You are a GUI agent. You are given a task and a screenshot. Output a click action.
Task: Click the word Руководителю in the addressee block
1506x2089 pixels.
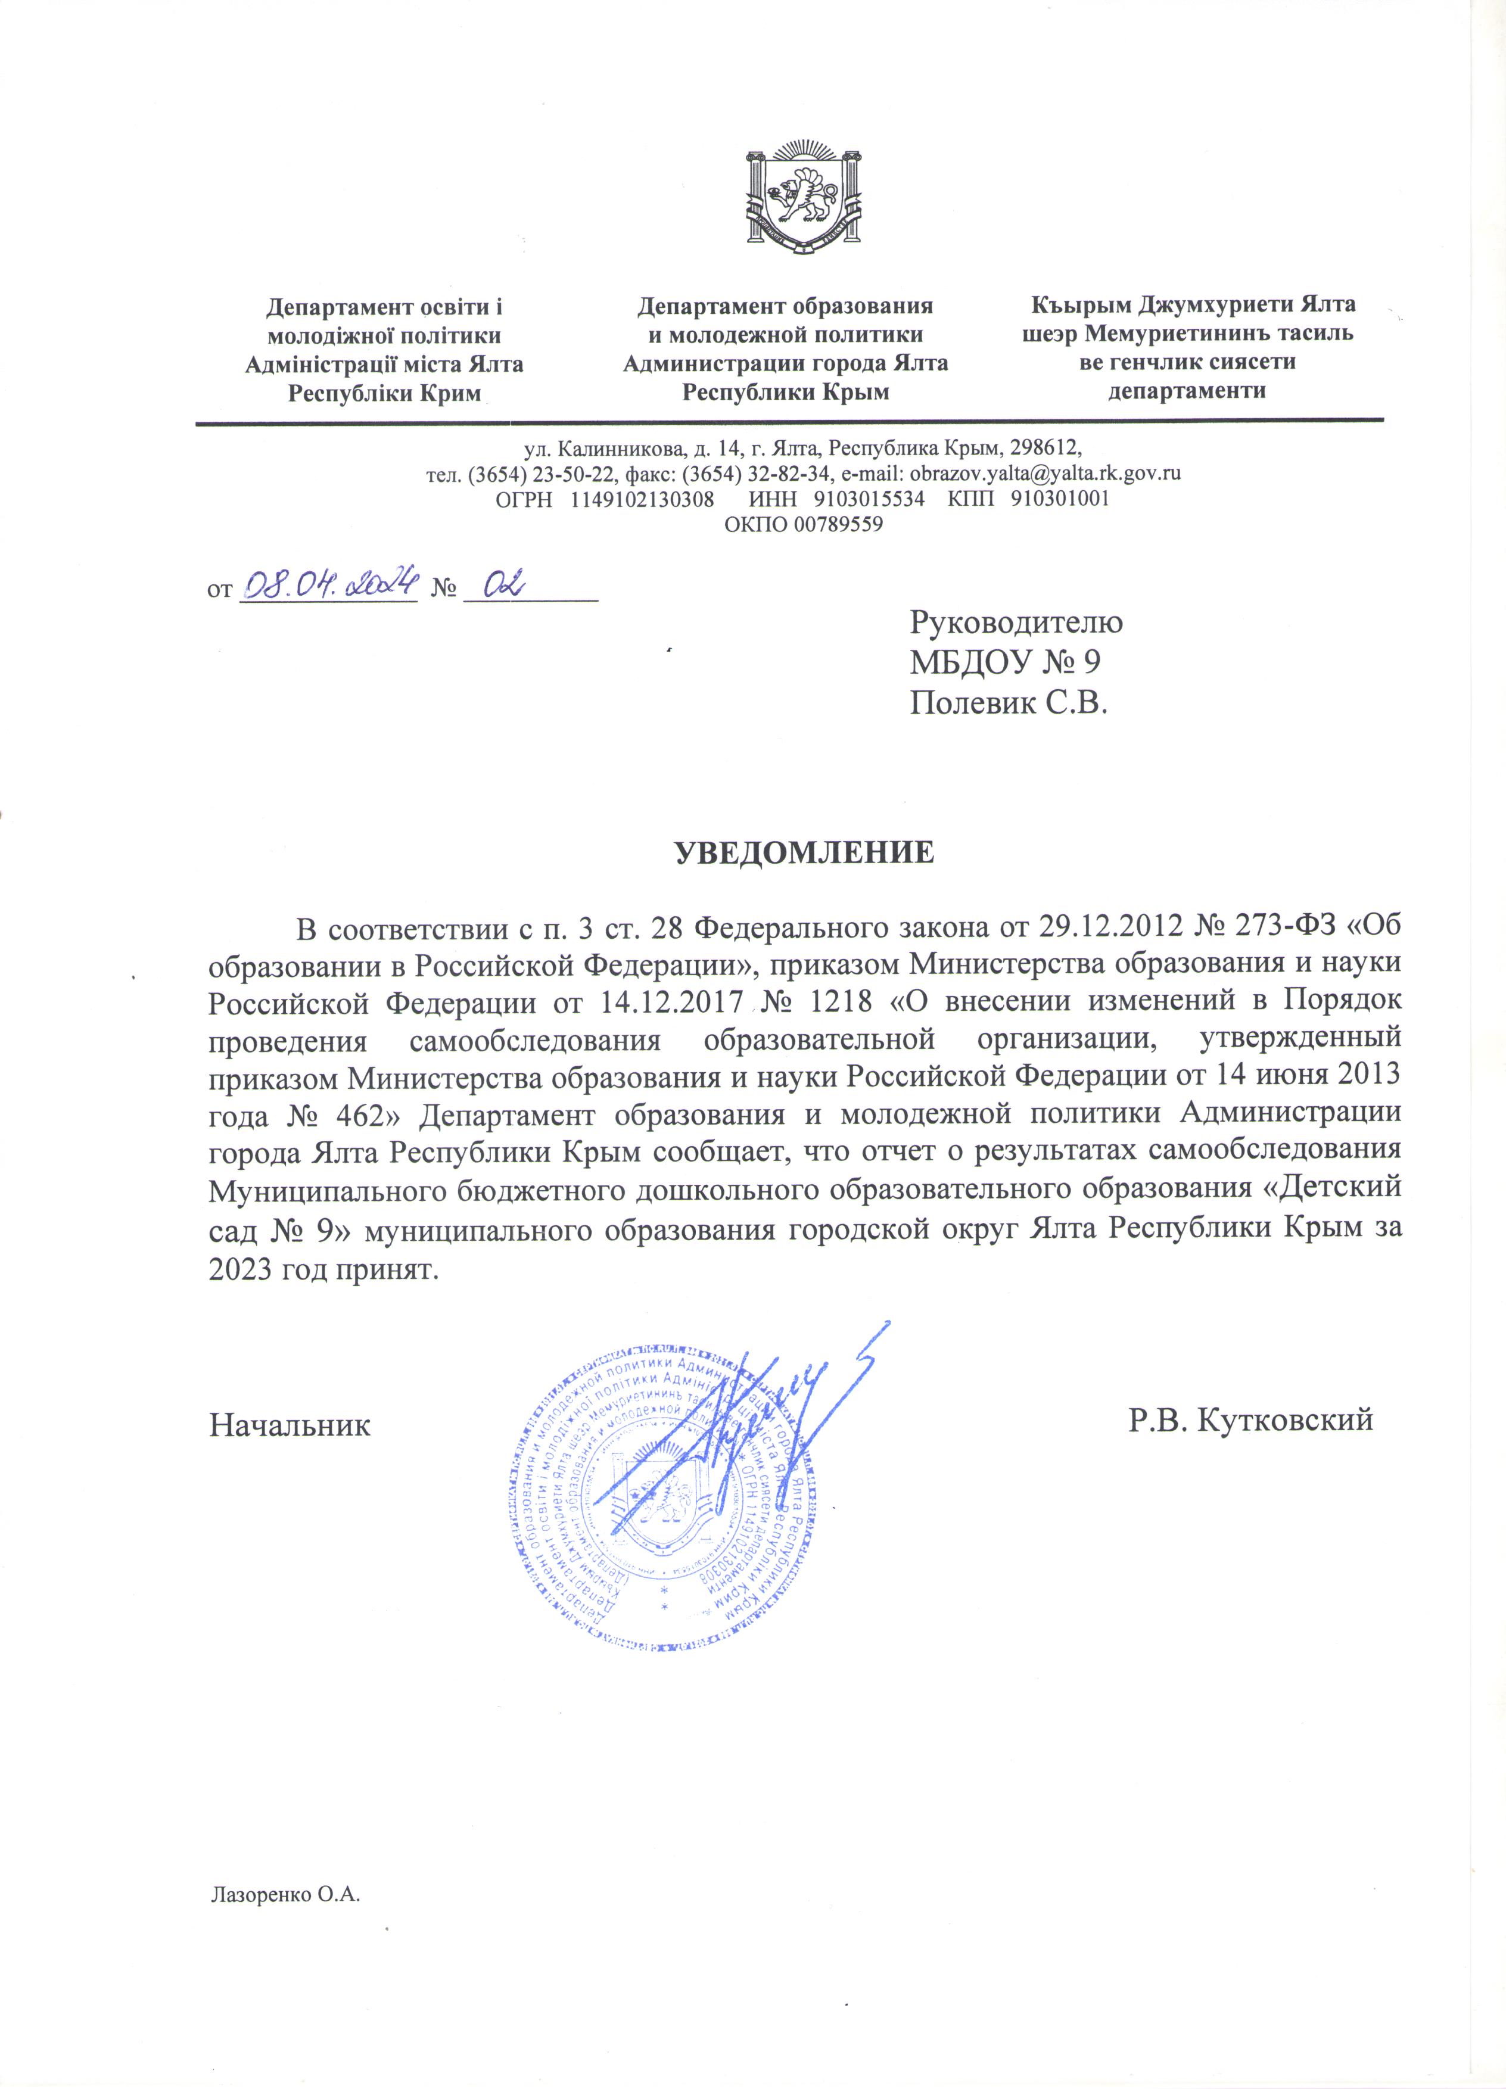coord(1016,622)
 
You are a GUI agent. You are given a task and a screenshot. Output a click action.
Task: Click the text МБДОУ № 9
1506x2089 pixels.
coord(1005,663)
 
